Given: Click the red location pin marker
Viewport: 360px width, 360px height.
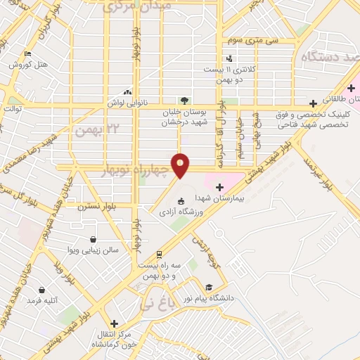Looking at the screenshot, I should pos(181,165).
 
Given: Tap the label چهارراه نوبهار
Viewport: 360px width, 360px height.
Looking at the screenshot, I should pos(136,170).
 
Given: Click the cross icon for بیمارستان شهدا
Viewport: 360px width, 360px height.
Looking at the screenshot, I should pos(219,187).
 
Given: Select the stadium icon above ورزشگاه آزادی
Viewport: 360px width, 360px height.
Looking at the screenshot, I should pos(181,202).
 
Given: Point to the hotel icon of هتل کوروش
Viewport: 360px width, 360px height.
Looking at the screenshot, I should pos(27,53).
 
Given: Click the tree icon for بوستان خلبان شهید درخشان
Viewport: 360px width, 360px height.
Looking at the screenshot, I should pos(184,101).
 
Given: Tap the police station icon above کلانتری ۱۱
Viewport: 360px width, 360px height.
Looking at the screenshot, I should pos(229,58).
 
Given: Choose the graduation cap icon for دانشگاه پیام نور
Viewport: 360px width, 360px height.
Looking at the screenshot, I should pos(208,287).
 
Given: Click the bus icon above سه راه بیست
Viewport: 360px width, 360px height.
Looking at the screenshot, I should pos(160,255).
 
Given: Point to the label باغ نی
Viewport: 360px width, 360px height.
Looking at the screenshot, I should pos(154,304).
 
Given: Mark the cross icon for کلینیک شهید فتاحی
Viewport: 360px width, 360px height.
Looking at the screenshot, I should pos(313,103).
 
